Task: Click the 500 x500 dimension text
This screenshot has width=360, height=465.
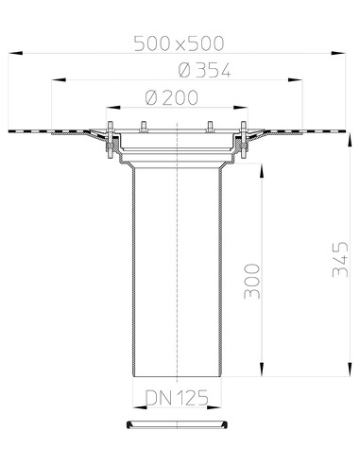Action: tap(179, 43)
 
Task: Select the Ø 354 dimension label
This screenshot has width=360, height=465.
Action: tap(204, 70)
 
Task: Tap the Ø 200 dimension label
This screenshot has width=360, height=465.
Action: tap(172, 97)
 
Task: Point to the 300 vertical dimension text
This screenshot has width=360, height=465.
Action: tap(252, 281)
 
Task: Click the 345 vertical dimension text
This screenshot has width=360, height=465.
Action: tap(340, 259)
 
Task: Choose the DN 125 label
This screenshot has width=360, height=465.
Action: tap(177, 398)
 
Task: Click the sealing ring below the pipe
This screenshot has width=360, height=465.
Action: tap(178, 424)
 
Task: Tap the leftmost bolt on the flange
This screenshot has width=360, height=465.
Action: tap(111, 140)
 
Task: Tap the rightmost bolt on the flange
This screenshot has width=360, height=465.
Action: tap(244, 140)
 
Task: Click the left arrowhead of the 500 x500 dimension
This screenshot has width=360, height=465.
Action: tap(15, 53)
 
